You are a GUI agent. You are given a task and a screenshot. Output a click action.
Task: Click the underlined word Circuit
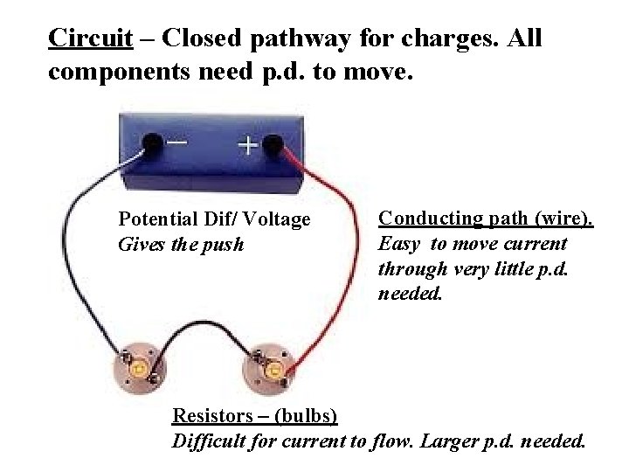pyautogui.click(x=91, y=38)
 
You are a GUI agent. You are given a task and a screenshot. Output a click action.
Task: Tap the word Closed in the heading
pyautogui.click(x=203, y=38)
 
